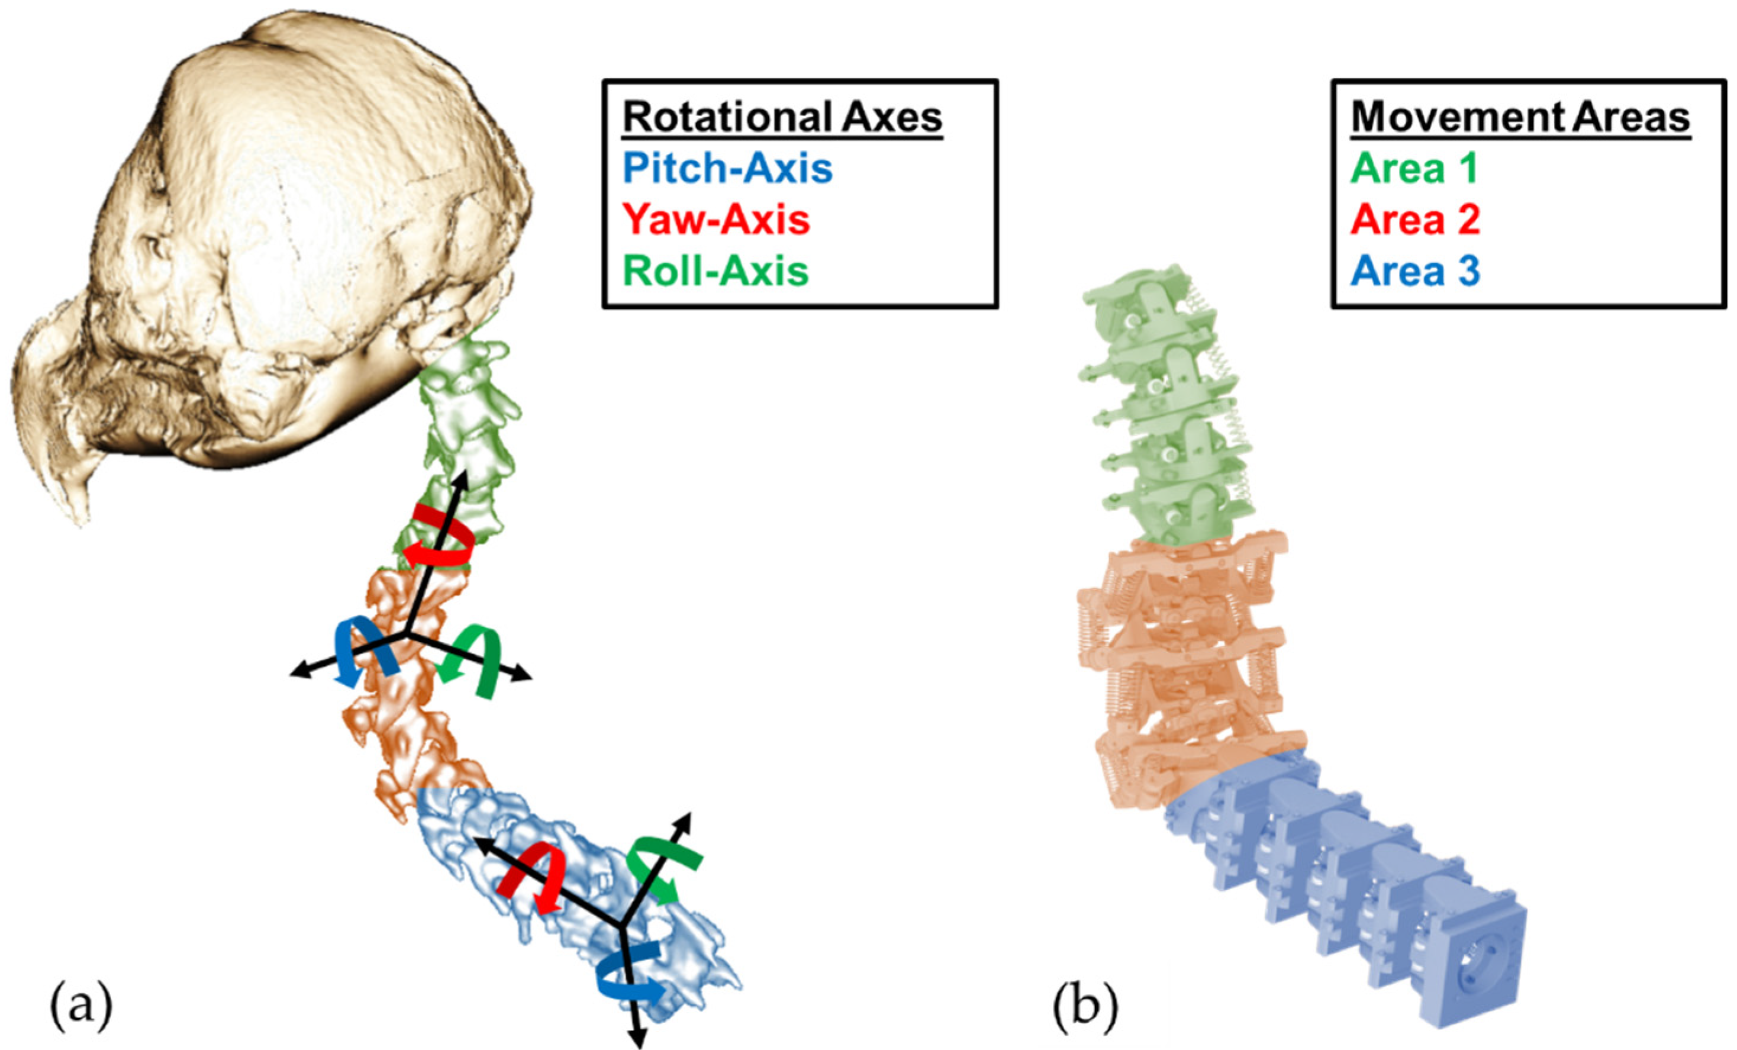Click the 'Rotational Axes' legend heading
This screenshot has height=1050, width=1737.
click(782, 118)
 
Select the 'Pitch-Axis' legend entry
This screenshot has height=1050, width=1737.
click(727, 169)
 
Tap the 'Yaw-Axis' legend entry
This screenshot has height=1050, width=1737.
click(717, 220)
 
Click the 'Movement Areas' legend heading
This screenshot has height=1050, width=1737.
click(1520, 118)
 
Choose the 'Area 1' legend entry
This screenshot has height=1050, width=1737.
click(1414, 169)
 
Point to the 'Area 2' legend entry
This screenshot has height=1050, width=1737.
click(1415, 220)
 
